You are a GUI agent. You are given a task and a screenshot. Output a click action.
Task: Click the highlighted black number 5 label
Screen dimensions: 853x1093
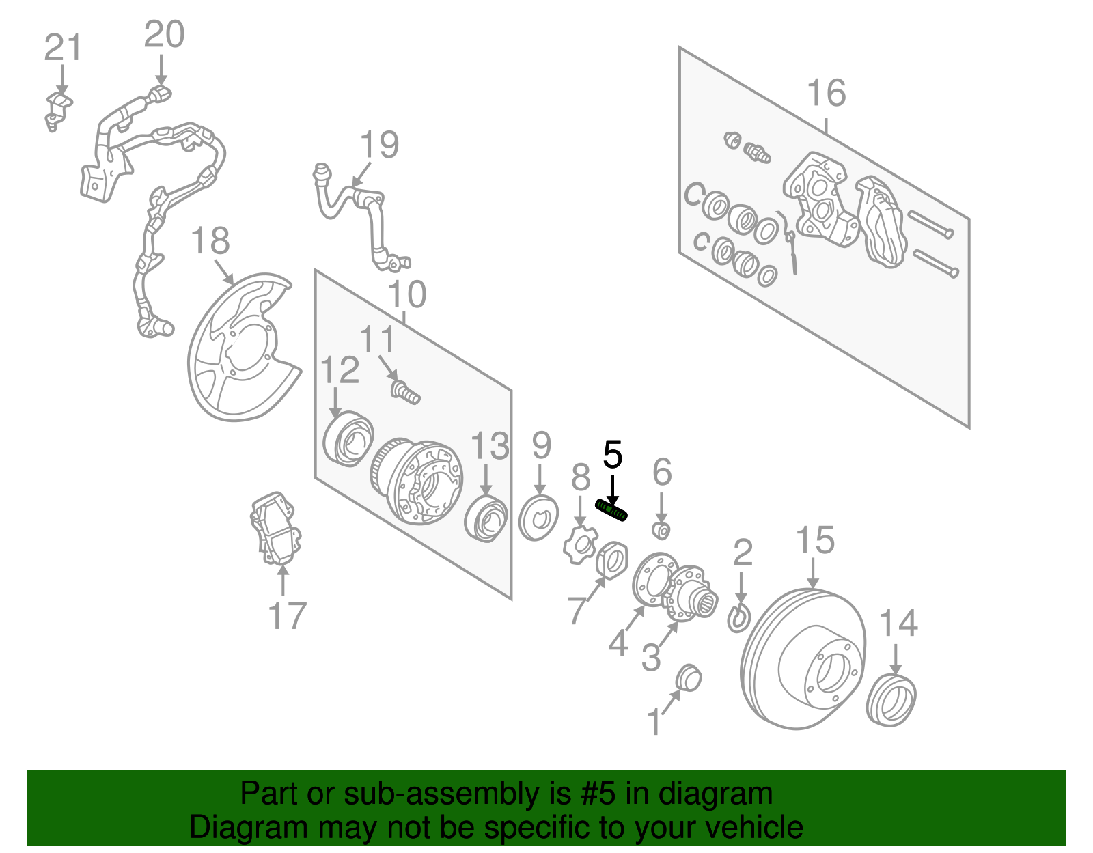613,456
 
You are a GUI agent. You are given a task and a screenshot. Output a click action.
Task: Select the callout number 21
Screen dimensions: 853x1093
62,49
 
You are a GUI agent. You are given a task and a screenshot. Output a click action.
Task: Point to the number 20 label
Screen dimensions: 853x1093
164,35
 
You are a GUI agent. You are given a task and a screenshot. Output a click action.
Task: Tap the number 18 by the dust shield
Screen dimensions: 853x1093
210,242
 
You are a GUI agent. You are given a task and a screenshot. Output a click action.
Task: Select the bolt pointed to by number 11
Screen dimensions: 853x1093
404,392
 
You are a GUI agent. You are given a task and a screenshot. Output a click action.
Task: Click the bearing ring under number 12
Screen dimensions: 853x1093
348,438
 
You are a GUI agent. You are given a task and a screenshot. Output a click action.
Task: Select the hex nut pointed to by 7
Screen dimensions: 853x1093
613,559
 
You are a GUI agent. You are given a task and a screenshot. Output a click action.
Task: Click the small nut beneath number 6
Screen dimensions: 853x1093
661,530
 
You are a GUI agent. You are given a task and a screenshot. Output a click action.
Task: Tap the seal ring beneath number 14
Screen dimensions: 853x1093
891,700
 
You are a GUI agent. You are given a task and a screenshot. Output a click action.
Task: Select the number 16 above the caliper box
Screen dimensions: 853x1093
826,94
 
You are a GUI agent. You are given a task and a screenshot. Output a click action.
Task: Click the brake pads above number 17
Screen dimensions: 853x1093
276,529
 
